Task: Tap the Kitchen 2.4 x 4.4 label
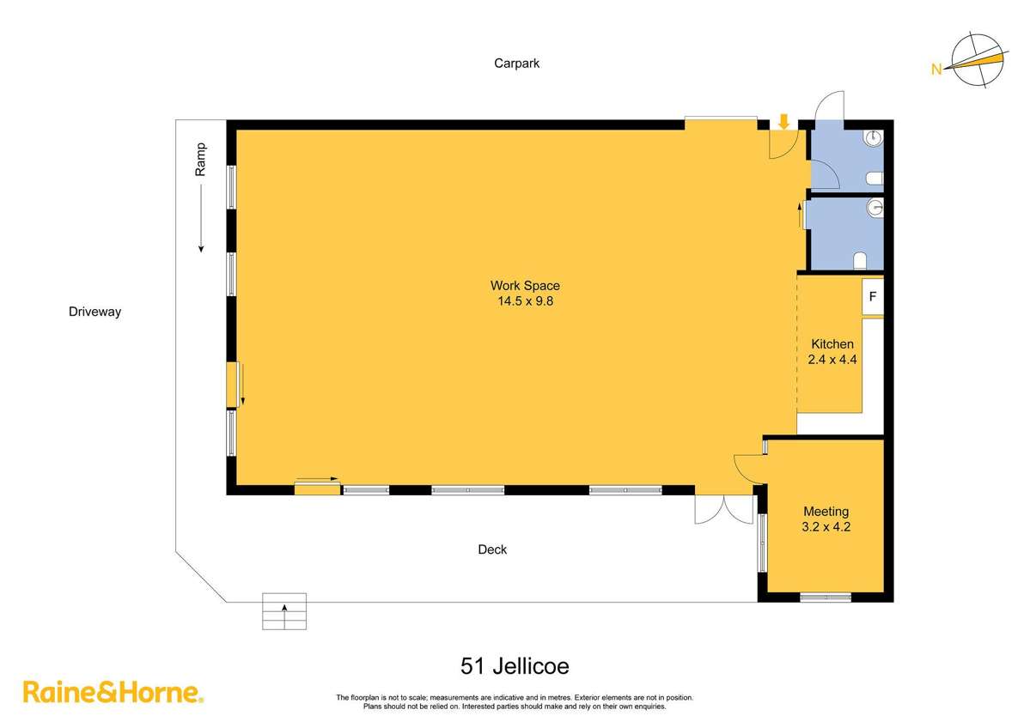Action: [x=832, y=352]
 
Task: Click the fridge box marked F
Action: [x=872, y=297]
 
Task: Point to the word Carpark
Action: [x=516, y=63]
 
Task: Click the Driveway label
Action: [x=94, y=312]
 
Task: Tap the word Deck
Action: [x=492, y=549]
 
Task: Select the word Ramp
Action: [x=200, y=160]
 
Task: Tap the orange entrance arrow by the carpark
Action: [x=783, y=122]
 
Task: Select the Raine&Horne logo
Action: [x=113, y=692]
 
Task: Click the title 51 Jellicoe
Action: [x=515, y=665]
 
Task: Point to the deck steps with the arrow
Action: [x=284, y=611]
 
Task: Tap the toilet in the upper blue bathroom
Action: [x=875, y=178]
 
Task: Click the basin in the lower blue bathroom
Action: [x=875, y=206]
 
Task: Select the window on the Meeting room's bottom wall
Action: [x=826, y=597]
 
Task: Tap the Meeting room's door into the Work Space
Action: [x=748, y=468]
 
